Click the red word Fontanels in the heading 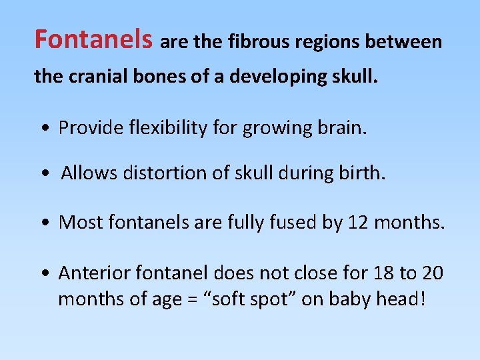pos(94,40)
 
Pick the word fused pos(297,222)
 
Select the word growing pos(273,128)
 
